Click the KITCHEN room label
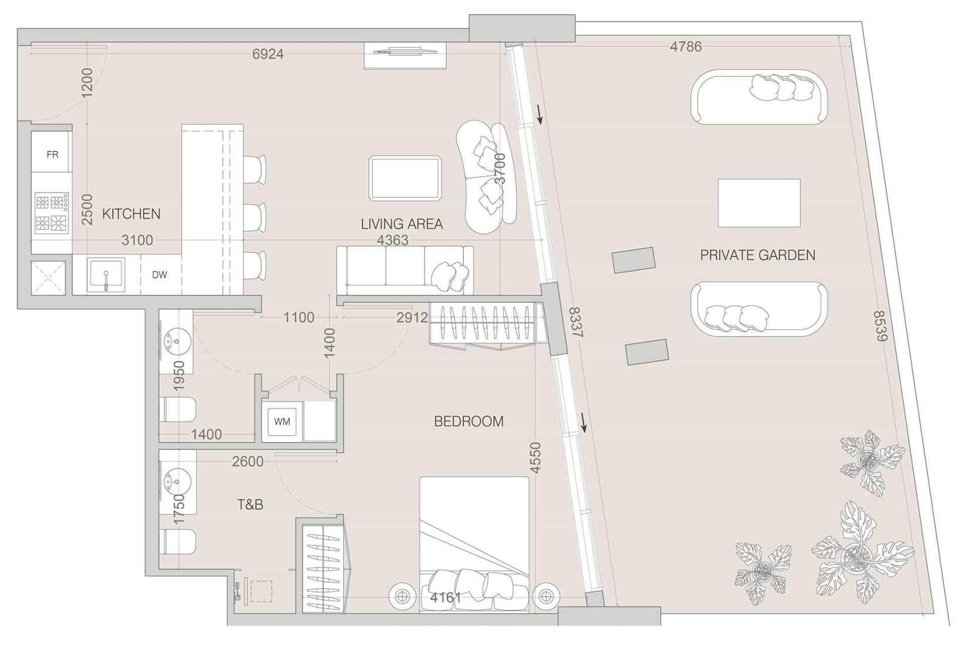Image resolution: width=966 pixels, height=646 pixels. coord(131,214)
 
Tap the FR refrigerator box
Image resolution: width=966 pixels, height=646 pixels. coord(52,154)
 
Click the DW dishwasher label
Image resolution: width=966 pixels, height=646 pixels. coord(160,274)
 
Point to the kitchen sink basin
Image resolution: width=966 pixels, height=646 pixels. coord(106,274)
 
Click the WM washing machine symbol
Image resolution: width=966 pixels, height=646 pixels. coord(282,422)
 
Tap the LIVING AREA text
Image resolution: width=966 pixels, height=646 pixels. coord(402,224)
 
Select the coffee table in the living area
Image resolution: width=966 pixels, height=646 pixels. coord(405,178)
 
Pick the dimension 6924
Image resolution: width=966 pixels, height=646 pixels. coord(268,54)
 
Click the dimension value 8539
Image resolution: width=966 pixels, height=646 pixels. coord(881,326)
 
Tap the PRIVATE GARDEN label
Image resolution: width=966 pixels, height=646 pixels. coord(758,255)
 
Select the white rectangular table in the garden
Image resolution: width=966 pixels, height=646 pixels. coord(759,203)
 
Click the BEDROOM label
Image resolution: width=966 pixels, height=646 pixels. coord(469,421)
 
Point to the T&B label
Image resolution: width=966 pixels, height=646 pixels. coord(250,504)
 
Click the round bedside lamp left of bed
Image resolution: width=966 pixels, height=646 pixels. coord(402,596)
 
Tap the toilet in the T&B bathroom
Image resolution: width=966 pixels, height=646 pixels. coord(178,541)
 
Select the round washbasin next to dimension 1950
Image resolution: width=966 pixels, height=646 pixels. coord(175,339)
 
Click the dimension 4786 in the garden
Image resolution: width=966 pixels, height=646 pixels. coord(686,46)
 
